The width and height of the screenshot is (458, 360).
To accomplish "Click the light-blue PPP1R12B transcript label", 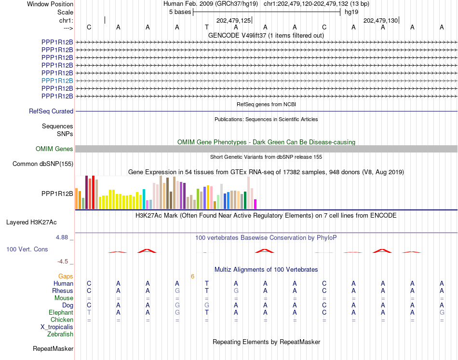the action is pyautogui.click(x=57, y=81).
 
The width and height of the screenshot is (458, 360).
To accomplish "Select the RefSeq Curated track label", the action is pyautogui.click(x=51, y=111).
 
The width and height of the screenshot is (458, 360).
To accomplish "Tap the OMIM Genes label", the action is pyautogui.click(x=54, y=149).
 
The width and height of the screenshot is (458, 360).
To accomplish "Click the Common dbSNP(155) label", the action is pyautogui.click(x=43, y=164).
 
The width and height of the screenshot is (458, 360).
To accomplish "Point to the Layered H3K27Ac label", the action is pyautogui.click(x=31, y=222).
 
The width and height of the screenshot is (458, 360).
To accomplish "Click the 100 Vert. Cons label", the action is pyautogui.click(x=27, y=249).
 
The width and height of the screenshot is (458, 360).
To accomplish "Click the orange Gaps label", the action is pyautogui.click(x=66, y=277).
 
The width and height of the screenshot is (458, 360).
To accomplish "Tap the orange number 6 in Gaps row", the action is pyautogui.click(x=192, y=277).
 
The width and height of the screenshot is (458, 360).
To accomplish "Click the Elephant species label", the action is pyautogui.click(x=61, y=313).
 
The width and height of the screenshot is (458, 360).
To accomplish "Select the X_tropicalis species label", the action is pyautogui.click(x=57, y=327).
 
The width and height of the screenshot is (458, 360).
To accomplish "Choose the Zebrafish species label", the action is pyautogui.click(x=60, y=334).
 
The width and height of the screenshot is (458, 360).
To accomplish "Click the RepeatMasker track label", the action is pyautogui.click(x=53, y=348).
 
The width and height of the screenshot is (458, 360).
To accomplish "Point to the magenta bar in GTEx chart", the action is pyautogui.click(x=256, y=204).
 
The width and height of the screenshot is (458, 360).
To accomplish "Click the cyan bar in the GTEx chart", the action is pyautogui.click(x=144, y=199).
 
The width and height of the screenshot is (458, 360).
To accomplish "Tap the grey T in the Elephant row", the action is pyautogui.click(x=89, y=313).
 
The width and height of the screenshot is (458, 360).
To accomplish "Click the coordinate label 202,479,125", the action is pyautogui.click(x=233, y=20).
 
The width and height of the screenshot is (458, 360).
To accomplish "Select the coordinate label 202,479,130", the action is pyautogui.click(x=380, y=20).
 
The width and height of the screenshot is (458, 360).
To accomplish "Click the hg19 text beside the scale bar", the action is pyautogui.click(x=351, y=12).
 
